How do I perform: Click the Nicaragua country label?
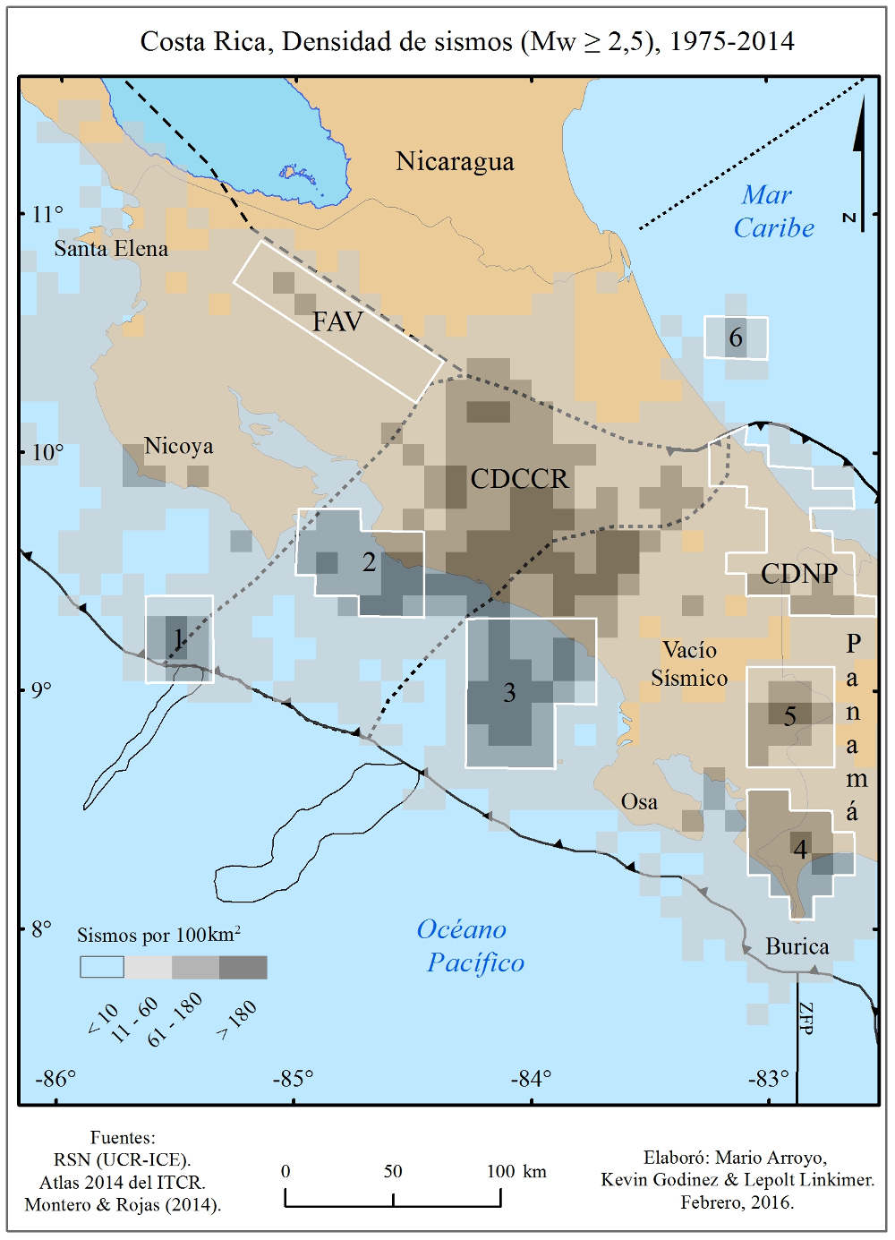(455, 161)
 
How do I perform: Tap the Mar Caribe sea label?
(772, 211)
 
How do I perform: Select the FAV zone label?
(337, 321)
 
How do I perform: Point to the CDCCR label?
(519, 479)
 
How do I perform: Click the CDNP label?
(799, 574)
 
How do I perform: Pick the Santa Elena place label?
(111, 249)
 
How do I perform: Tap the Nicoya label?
(178, 446)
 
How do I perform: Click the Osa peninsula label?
(639, 802)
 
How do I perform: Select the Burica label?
(797, 946)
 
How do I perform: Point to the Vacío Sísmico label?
(689, 663)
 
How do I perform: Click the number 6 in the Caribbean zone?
(736, 338)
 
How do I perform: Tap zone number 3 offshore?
(509, 692)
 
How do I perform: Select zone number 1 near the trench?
(178, 638)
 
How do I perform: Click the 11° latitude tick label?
(47, 214)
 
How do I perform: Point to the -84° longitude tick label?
(531, 1079)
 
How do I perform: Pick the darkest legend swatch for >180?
(243, 967)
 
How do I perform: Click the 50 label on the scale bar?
(393, 1171)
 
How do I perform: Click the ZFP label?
(805, 1018)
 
